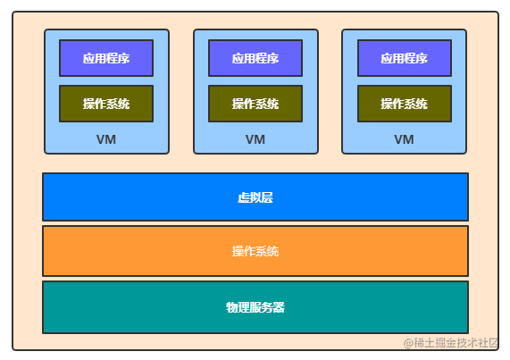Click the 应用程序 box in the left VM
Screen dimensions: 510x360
(x=106, y=58)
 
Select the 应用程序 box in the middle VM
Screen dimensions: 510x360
(x=255, y=58)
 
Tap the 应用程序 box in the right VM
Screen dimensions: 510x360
(x=405, y=58)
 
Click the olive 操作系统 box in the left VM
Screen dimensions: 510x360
(x=106, y=104)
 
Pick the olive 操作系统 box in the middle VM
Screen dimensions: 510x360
(x=255, y=104)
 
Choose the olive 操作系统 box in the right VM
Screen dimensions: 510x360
(x=405, y=104)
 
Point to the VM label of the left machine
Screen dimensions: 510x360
(x=106, y=139)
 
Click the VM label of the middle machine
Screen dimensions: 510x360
(x=255, y=139)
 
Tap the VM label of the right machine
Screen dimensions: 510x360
(x=405, y=139)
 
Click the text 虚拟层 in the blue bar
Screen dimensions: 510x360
(x=255, y=197)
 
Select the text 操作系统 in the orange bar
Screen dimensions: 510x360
(x=255, y=251)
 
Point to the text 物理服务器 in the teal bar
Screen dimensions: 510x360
(x=255, y=307)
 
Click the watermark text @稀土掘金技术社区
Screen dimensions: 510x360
(x=451, y=343)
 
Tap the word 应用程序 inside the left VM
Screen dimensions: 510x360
(x=106, y=59)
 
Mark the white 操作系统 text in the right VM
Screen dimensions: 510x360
(x=405, y=104)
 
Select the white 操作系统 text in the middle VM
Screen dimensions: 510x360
(x=255, y=104)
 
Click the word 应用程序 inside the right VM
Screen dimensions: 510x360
(x=405, y=59)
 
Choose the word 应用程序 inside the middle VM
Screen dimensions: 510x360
(x=255, y=59)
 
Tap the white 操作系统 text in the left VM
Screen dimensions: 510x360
(x=106, y=104)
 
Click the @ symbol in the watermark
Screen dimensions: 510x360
(x=408, y=343)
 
